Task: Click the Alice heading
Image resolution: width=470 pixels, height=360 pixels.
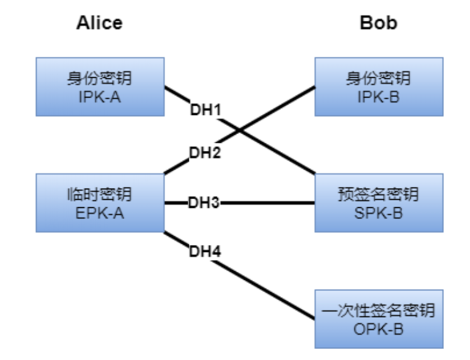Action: (x=99, y=23)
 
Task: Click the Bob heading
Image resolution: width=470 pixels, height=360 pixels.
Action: (x=378, y=23)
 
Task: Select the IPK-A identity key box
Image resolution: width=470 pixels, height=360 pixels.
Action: (x=100, y=86)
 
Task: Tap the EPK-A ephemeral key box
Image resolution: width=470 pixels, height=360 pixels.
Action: (x=100, y=203)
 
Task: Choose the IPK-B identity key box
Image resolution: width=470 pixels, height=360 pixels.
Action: (x=379, y=86)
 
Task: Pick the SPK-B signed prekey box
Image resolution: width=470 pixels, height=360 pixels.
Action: (x=379, y=203)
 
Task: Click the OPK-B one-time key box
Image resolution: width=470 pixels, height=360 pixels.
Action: (x=379, y=318)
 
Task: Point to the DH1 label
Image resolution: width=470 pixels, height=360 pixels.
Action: (x=205, y=110)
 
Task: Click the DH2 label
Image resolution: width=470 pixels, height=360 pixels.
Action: (x=205, y=152)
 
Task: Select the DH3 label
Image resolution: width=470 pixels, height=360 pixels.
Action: (x=204, y=203)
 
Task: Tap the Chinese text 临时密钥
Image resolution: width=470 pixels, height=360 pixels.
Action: (x=100, y=195)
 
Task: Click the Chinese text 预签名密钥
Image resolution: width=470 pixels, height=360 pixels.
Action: (x=379, y=195)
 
